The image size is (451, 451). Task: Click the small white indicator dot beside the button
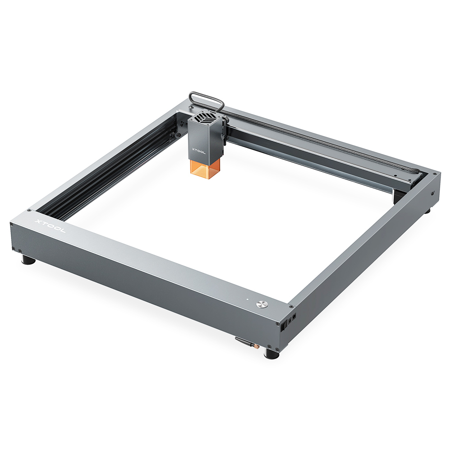click(247, 299)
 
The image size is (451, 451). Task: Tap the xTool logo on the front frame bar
click(50, 226)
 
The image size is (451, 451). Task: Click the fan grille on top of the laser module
click(205, 119)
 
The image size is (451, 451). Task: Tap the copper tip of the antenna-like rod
click(257, 348)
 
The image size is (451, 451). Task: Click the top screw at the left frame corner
click(29, 210)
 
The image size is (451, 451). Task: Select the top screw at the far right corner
click(433, 174)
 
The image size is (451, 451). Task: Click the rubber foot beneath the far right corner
click(427, 210)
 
